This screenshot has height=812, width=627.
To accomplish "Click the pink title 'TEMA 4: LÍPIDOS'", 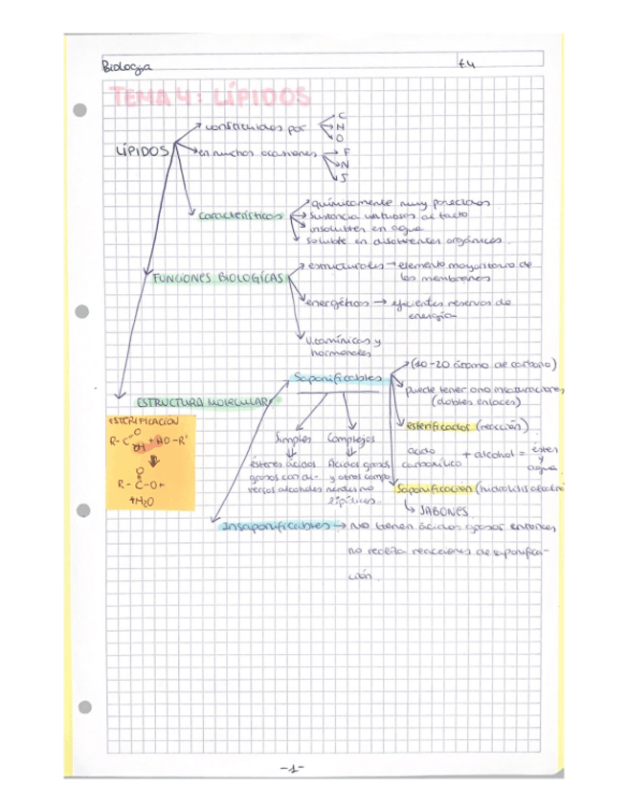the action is pyautogui.click(x=211, y=96).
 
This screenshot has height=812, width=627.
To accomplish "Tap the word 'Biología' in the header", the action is pyautogui.click(x=125, y=67).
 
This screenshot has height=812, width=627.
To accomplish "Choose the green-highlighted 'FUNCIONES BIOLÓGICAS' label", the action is pyautogui.click(x=218, y=278).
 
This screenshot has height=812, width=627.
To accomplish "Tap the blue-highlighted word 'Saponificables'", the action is pyautogui.click(x=338, y=378).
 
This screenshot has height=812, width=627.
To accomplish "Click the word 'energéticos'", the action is pyautogui.click(x=336, y=303).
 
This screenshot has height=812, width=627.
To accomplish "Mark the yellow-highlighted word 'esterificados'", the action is pyautogui.click(x=438, y=425).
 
